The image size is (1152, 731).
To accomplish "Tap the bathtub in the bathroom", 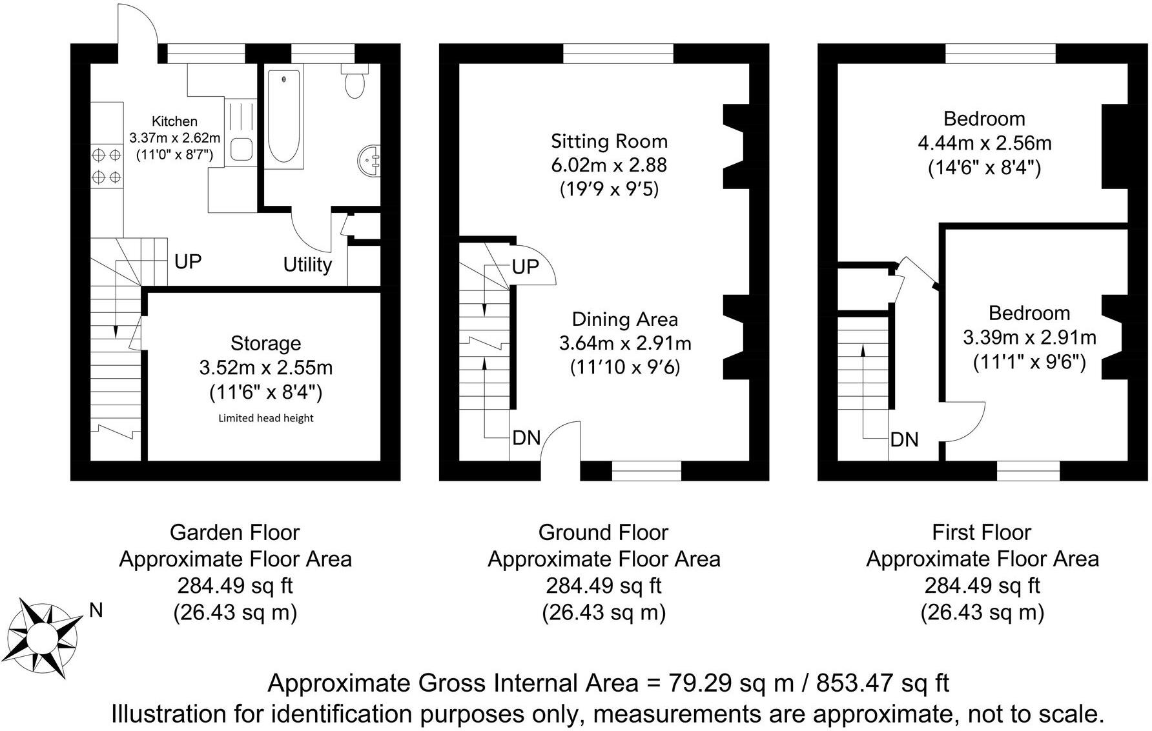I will [284, 116].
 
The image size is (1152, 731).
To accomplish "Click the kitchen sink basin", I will [242, 149].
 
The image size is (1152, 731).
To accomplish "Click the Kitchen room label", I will [174, 121].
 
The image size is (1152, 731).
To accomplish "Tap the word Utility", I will [307, 265].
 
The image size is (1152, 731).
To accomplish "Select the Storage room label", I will [265, 343].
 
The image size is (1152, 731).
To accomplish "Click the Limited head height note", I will [265, 418].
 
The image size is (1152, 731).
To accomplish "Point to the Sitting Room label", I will [609, 141].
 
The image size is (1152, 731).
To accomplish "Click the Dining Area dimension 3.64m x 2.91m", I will [625, 343].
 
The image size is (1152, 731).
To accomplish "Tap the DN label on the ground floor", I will [526, 438].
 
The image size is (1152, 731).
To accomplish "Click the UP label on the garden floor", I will [188, 261].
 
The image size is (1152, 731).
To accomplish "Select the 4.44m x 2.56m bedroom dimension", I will [984, 143].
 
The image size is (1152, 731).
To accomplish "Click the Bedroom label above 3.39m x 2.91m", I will [1029, 314].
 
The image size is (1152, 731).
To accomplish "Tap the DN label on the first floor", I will [904, 440].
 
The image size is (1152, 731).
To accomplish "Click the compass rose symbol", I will [44, 637].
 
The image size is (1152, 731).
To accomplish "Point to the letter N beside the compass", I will [96, 610].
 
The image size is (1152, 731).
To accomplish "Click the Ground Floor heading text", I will [603, 532].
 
